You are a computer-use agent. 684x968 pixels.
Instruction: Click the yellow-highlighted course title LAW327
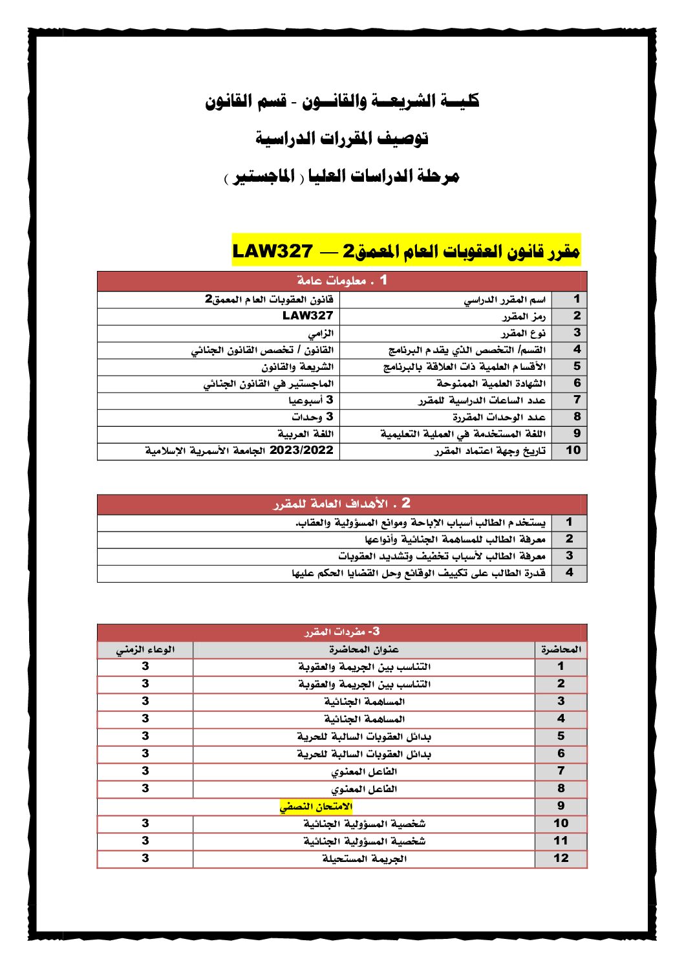[406, 250]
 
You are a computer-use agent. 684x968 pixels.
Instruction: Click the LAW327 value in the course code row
[308, 316]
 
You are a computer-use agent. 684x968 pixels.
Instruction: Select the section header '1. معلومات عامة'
[342, 281]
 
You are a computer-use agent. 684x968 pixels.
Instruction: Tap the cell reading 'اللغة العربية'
[305, 434]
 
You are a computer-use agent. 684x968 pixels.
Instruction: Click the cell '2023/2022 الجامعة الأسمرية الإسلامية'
[239, 451]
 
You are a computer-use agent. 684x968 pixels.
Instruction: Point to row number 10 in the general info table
[573, 451]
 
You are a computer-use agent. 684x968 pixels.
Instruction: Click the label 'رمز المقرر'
[524, 316]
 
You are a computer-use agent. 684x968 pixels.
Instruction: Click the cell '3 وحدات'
[312, 417]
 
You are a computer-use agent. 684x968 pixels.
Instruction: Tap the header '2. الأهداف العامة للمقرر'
[342, 504]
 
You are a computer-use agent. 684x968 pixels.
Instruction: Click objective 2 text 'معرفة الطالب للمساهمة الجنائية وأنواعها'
[454, 539]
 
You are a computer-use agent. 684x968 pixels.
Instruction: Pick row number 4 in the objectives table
[569, 573]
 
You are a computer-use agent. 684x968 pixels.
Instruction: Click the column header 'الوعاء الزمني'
[145, 650]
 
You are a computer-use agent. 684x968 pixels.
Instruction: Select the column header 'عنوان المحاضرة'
[363, 650]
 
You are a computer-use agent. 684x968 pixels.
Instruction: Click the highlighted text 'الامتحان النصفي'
[316, 806]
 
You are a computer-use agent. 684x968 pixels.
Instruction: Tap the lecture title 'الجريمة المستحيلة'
[364, 859]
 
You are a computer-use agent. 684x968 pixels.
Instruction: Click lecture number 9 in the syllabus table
[561, 806]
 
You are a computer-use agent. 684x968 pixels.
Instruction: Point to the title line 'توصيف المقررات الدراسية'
[342, 138]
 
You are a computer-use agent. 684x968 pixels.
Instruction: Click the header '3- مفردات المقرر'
[342, 632]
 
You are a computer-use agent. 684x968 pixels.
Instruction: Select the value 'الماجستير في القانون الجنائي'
[268, 383]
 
